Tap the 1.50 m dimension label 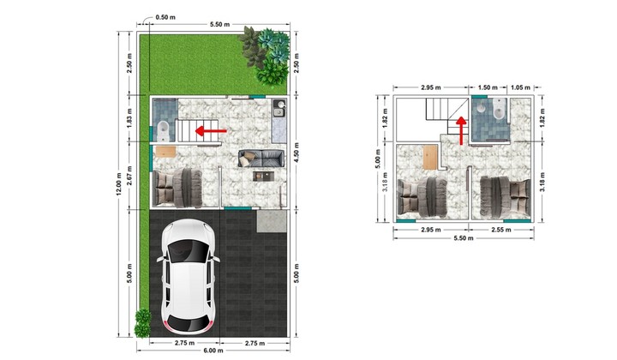(x=488, y=87)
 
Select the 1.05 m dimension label (x=520, y=87)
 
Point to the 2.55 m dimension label (x=501, y=230)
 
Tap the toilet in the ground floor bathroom (x=164, y=131)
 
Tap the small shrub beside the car (x=142, y=323)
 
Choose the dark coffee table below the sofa (x=262, y=176)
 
